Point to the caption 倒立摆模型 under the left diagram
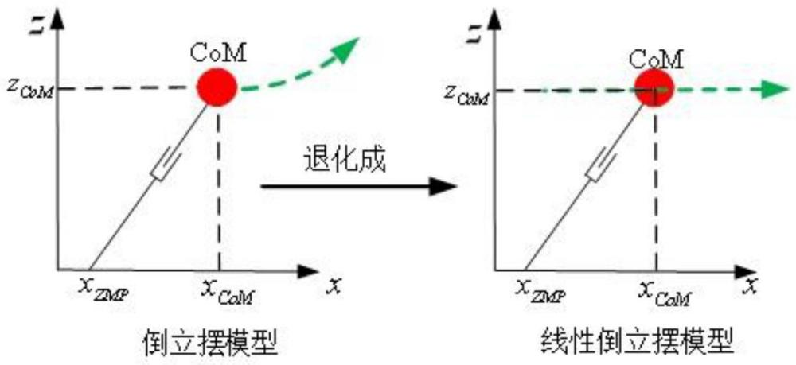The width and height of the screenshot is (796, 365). [210, 342]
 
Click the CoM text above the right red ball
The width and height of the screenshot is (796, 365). [654, 57]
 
